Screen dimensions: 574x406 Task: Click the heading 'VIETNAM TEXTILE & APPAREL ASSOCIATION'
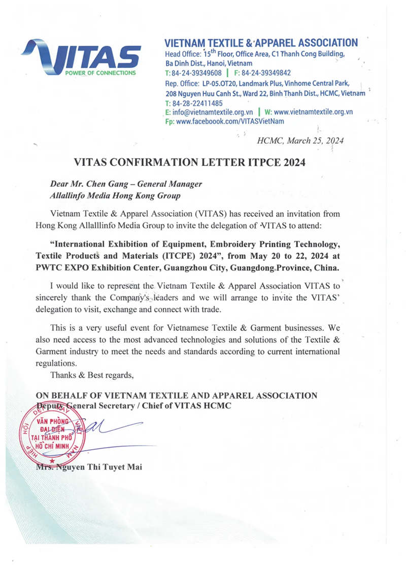pyautogui.click(x=261, y=43)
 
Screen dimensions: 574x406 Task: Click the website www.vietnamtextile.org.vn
pyautogui.click(x=313, y=112)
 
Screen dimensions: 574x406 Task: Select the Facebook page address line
pyautogui.click(x=225, y=121)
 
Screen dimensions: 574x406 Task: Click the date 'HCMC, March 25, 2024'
pyautogui.click(x=300, y=141)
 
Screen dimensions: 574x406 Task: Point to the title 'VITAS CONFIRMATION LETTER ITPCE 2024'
pyautogui.click(x=191, y=162)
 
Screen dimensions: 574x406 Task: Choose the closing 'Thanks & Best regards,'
pyautogui.click(x=92, y=375)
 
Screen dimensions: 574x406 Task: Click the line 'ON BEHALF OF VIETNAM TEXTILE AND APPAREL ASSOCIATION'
pyautogui.click(x=177, y=396)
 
